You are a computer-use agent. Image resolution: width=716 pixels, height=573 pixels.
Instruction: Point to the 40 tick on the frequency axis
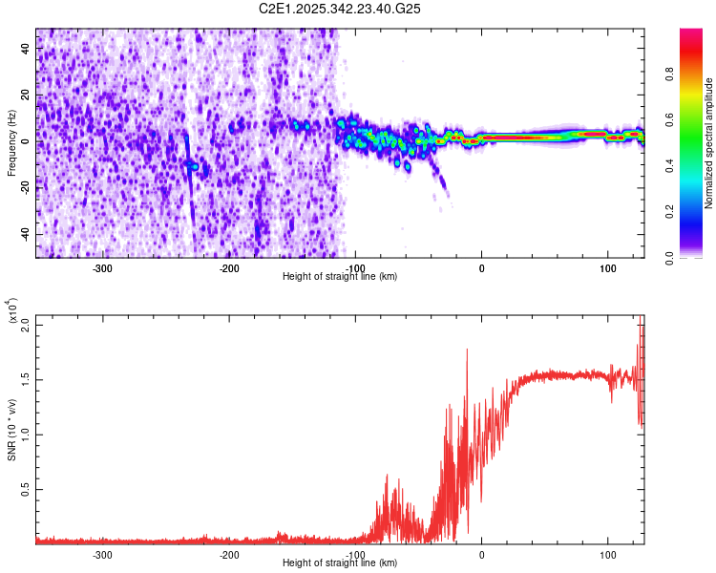(x=26, y=47)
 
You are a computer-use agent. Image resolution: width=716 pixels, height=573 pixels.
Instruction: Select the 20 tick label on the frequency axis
(x=26, y=94)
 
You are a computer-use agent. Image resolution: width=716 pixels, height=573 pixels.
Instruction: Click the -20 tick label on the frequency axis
(x=23, y=187)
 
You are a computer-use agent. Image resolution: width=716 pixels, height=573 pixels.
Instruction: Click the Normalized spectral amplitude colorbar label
(x=708, y=143)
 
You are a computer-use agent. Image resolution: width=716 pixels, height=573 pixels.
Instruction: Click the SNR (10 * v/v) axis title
(x=11, y=426)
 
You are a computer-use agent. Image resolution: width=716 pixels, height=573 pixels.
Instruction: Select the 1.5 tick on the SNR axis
(x=25, y=379)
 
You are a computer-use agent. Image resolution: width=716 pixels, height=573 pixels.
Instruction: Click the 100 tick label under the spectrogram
(x=607, y=266)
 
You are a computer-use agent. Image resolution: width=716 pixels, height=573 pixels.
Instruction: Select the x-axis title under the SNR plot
(x=341, y=563)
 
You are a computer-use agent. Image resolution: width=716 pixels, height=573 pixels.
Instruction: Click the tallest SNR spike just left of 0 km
(x=467, y=350)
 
